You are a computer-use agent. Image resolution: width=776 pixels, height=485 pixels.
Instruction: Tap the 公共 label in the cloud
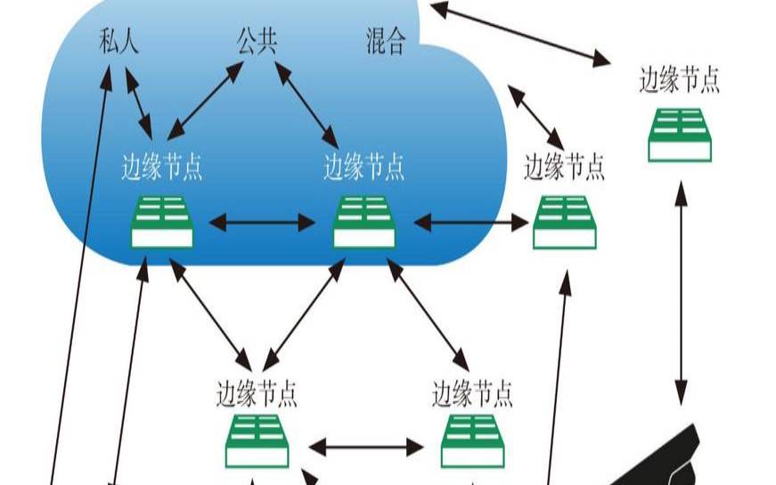[x=256, y=42]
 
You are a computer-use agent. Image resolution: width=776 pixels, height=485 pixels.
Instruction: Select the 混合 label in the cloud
[x=385, y=42]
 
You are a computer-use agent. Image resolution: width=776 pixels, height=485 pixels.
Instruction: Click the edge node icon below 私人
[x=162, y=221]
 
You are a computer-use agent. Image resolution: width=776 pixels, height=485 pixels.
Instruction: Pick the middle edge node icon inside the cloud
[x=363, y=221]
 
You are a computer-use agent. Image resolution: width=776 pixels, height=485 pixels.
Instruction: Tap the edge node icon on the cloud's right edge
[x=565, y=222]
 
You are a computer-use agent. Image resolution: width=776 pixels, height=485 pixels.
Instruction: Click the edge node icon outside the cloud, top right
[x=680, y=135]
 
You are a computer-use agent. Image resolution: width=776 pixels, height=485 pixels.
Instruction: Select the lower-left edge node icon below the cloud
[x=257, y=441]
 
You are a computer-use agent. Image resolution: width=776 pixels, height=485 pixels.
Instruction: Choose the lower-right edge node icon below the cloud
[x=472, y=441]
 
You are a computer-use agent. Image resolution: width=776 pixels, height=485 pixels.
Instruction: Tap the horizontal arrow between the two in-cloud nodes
[x=262, y=222]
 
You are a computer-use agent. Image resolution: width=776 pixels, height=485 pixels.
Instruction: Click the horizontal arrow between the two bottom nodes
[x=365, y=446]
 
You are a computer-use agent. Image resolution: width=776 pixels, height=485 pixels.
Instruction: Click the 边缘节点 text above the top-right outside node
[x=679, y=80]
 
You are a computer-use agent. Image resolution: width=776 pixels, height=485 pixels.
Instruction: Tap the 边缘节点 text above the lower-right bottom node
[x=472, y=392]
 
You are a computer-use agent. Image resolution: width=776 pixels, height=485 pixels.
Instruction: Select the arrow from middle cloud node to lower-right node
[x=427, y=313]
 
